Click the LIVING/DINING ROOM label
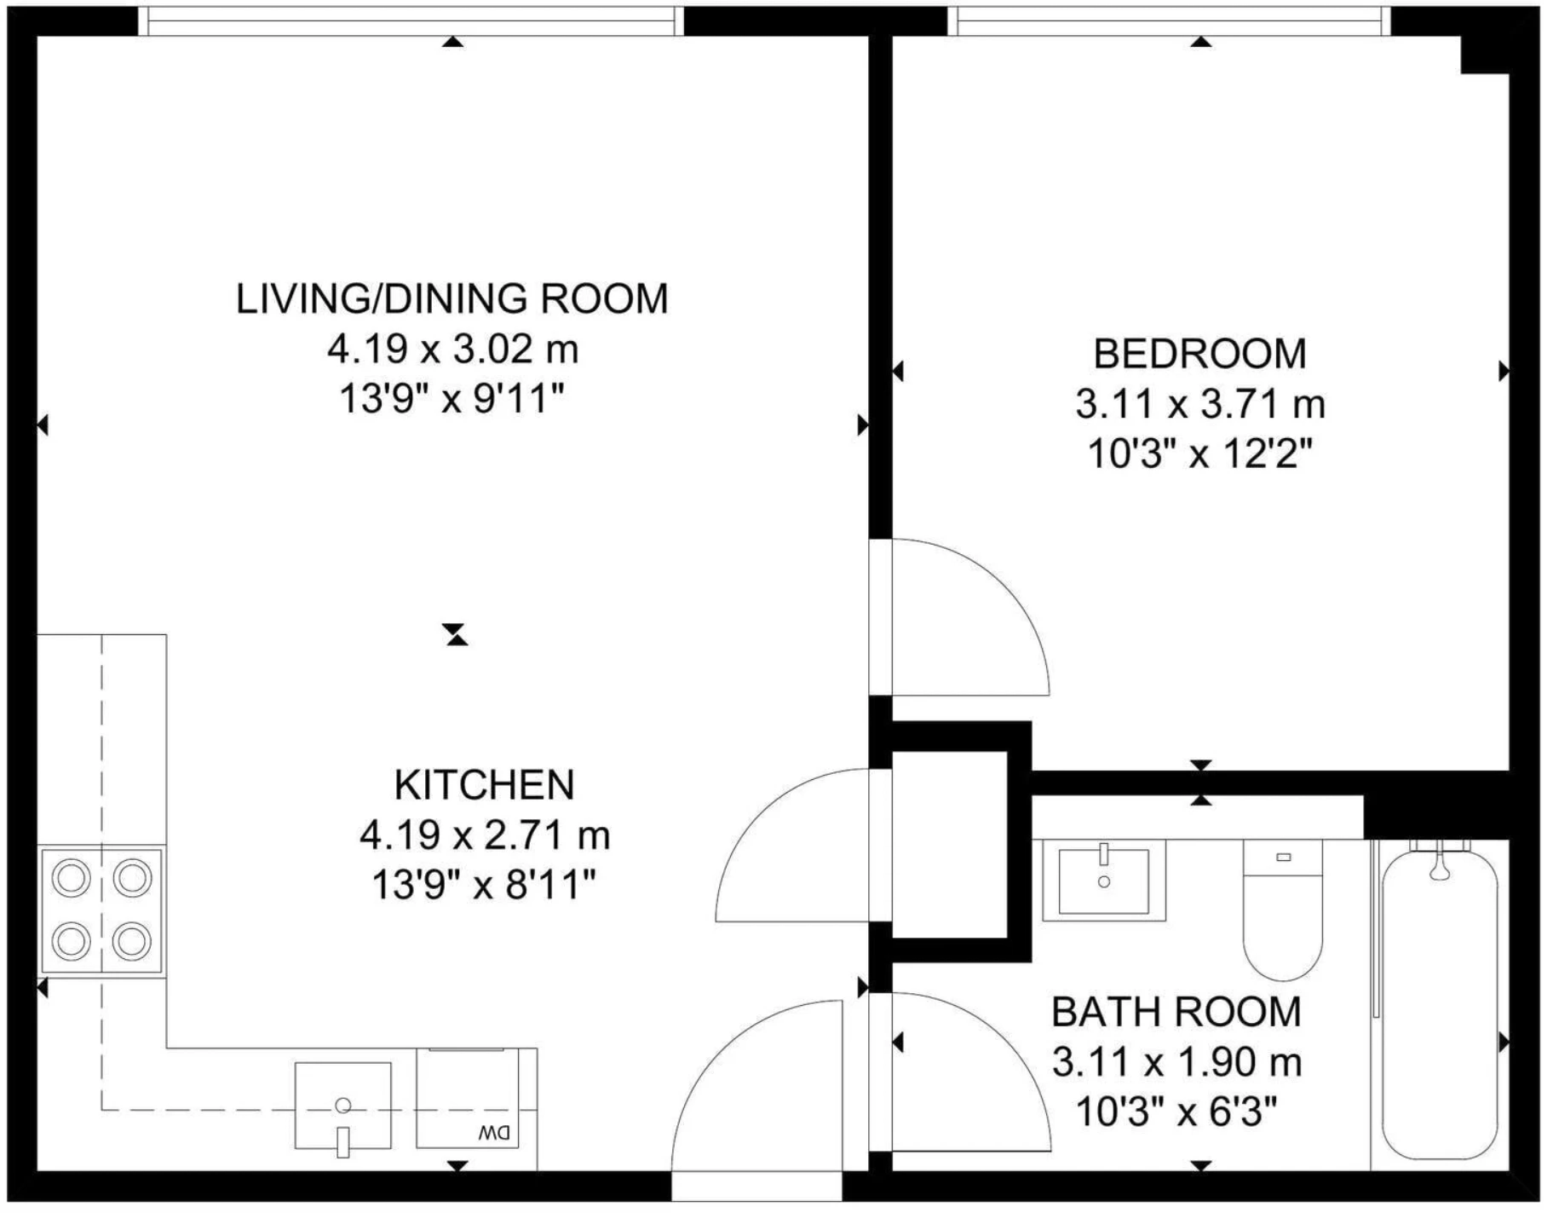[452, 299]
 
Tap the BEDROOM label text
[1199, 354]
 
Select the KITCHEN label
[484, 785]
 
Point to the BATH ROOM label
[1176, 1012]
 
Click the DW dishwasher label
[495, 1133]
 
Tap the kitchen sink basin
[343, 1106]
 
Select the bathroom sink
[1104, 880]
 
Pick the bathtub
[1440, 1004]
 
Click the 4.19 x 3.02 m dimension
[453, 349]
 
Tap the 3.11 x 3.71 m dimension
[1200, 404]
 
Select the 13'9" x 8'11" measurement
[483, 885]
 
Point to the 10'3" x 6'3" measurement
[1176, 1112]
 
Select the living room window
[411, 21]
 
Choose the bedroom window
[1169, 21]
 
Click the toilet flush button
[1284, 857]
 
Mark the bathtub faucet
[1440, 863]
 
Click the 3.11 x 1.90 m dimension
[1176, 1062]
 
